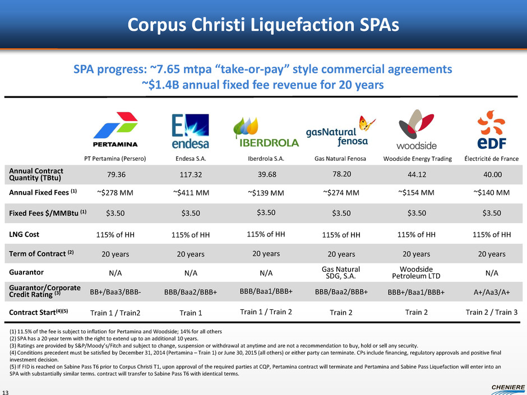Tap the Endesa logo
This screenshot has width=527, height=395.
tap(190, 131)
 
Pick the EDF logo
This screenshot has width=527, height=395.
tap(492, 131)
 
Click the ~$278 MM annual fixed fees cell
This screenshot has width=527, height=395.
tap(115, 193)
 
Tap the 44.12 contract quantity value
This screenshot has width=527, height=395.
tap(417, 174)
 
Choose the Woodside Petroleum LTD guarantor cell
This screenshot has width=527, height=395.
tap(417, 272)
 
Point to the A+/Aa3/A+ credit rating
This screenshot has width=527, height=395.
tap(492, 292)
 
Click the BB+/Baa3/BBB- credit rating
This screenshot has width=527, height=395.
tap(115, 292)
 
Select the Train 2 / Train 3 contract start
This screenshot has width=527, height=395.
tap(492, 312)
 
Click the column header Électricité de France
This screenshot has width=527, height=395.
tap(491, 159)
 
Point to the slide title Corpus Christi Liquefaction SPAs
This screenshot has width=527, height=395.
tap(263, 25)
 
